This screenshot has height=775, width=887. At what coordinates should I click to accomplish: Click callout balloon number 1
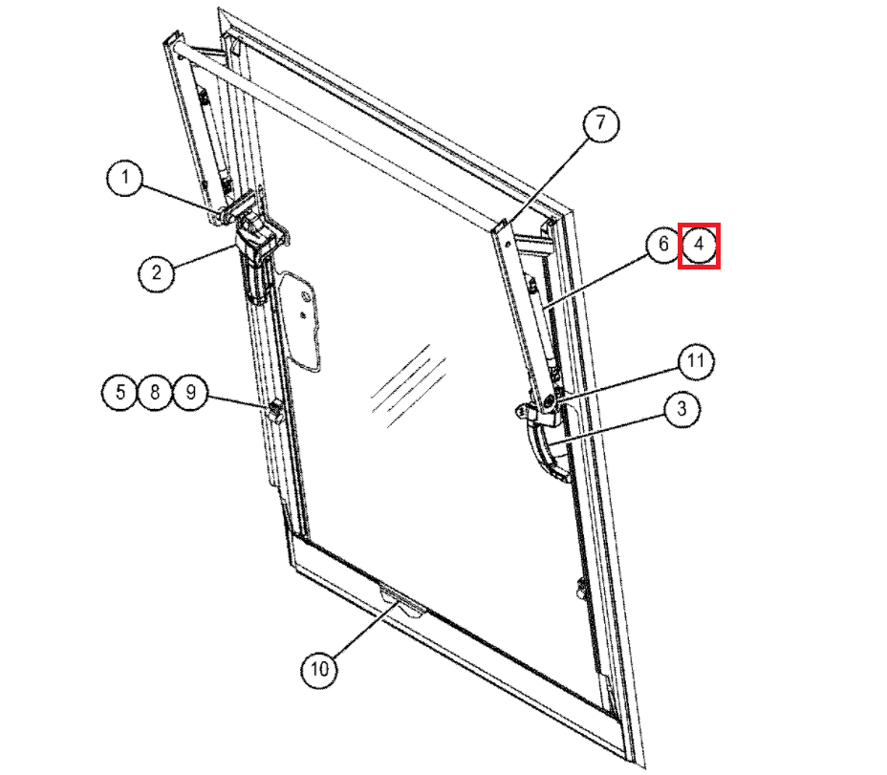point(124,178)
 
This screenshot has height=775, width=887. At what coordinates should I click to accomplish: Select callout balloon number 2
point(156,273)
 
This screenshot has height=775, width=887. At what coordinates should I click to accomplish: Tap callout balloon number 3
point(681,408)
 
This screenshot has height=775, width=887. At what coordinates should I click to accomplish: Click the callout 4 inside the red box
point(700,245)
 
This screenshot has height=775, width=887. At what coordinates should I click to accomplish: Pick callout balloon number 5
point(119,392)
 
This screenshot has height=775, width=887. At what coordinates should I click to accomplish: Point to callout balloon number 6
point(663,245)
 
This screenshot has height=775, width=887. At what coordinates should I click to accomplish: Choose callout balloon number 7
point(600,122)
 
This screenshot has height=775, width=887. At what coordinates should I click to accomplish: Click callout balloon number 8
point(155,392)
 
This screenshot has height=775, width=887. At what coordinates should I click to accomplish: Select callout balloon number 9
point(190,392)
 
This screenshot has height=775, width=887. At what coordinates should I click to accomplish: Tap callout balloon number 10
point(319,669)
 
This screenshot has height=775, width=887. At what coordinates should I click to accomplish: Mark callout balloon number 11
point(695,361)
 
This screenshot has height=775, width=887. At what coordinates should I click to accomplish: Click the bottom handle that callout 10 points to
point(402,602)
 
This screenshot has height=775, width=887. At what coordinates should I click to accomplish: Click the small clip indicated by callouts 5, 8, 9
point(275,410)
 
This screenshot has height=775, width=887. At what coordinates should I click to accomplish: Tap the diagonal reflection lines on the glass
point(408,386)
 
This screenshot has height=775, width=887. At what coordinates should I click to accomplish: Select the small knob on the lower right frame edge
point(580,589)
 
